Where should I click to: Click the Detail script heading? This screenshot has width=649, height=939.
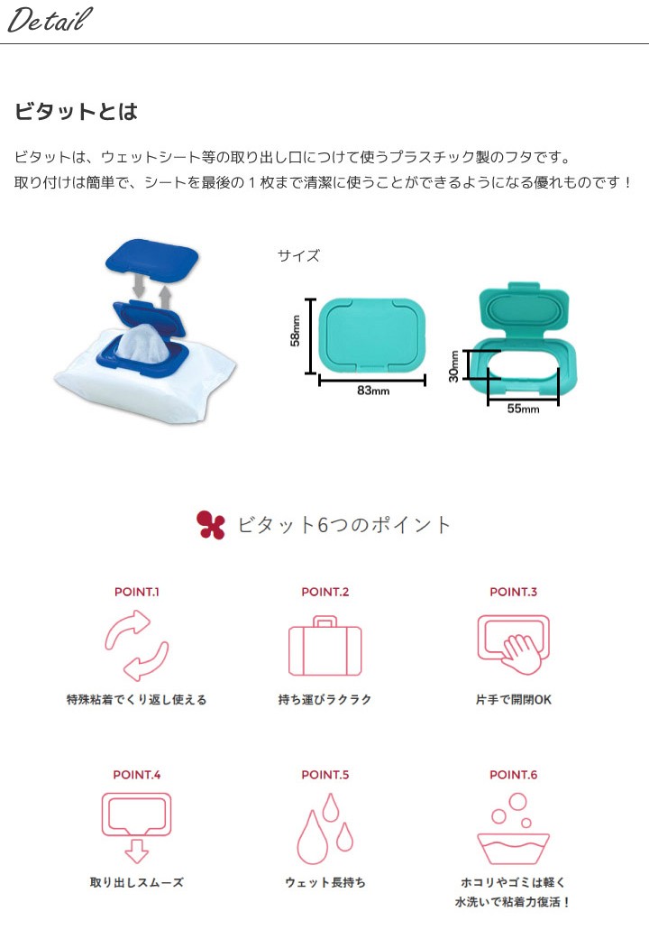click(50, 21)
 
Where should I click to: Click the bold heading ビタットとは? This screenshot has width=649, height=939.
click(76, 112)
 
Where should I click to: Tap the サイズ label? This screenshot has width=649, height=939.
click(298, 256)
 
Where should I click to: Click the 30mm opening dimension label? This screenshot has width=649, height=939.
click(454, 366)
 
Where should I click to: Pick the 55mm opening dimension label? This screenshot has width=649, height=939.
click(523, 409)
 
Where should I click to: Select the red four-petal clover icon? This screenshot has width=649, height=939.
click(210, 525)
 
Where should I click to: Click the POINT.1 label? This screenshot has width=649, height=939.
click(137, 593)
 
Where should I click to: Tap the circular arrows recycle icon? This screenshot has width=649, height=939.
click(136, 645)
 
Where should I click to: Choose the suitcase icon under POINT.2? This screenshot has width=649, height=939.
click(324, 645)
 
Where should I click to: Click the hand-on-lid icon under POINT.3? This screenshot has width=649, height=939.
click(513, 642)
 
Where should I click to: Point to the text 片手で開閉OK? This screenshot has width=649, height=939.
click(513, 699)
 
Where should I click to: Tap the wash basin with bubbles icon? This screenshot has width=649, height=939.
click(513, 828)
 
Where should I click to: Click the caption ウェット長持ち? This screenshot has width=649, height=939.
click(324, 882)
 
